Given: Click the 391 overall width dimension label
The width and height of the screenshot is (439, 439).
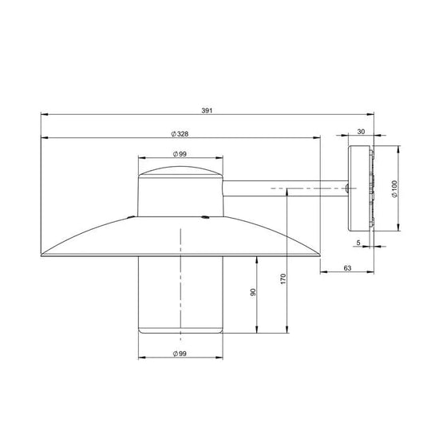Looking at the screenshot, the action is coord(207,111).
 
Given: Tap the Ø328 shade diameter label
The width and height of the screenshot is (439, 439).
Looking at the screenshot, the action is coord(180,134).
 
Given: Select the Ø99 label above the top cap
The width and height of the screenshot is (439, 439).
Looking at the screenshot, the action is coord(180,154).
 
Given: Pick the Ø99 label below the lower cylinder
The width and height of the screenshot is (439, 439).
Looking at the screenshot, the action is coord(180,354).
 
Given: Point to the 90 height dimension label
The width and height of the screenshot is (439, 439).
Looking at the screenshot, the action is coord(253,292).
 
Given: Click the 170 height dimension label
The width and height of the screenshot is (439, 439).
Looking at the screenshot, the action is coord(283,279).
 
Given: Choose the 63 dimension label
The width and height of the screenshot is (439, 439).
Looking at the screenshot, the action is coord(347,268).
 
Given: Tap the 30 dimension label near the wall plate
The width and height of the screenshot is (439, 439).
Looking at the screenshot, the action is coord(361,132).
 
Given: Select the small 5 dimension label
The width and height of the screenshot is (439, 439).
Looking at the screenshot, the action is coord(358,243).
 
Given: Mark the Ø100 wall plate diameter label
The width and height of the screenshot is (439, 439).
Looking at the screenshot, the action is coord(394,188).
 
